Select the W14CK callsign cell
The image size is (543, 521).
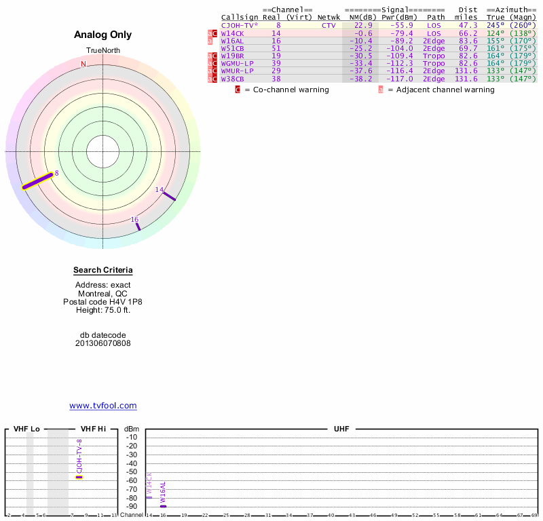click(x=232, y=33)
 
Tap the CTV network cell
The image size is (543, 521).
click(x=329, y=25)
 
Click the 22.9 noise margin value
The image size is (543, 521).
click(x=363, y=25)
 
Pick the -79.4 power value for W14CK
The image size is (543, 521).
click(x=401, y=33)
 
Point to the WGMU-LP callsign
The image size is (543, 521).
click(x=238, y=63)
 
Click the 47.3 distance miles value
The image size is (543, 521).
click(x=468, y=25)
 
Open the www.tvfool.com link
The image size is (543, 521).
click(x=103, y=406)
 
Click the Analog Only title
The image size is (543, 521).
click(x=103, y=35)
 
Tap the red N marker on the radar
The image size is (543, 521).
click(x=83, y=64)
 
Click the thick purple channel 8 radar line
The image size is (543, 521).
click(x=37, y=181)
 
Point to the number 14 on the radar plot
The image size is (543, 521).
click(x=160, y=190)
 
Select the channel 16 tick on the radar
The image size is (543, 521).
click(x=138, y=226)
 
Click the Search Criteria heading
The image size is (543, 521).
click(x=103, y=270)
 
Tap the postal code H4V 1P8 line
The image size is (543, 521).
click(x=103, y=302)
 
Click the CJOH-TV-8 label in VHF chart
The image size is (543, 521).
click(x=79, y=456)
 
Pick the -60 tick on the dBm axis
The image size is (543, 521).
click(x=132, y=481)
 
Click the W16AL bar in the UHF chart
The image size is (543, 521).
click(x=163, y=506)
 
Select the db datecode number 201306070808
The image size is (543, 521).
click(x=103, y=343)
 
